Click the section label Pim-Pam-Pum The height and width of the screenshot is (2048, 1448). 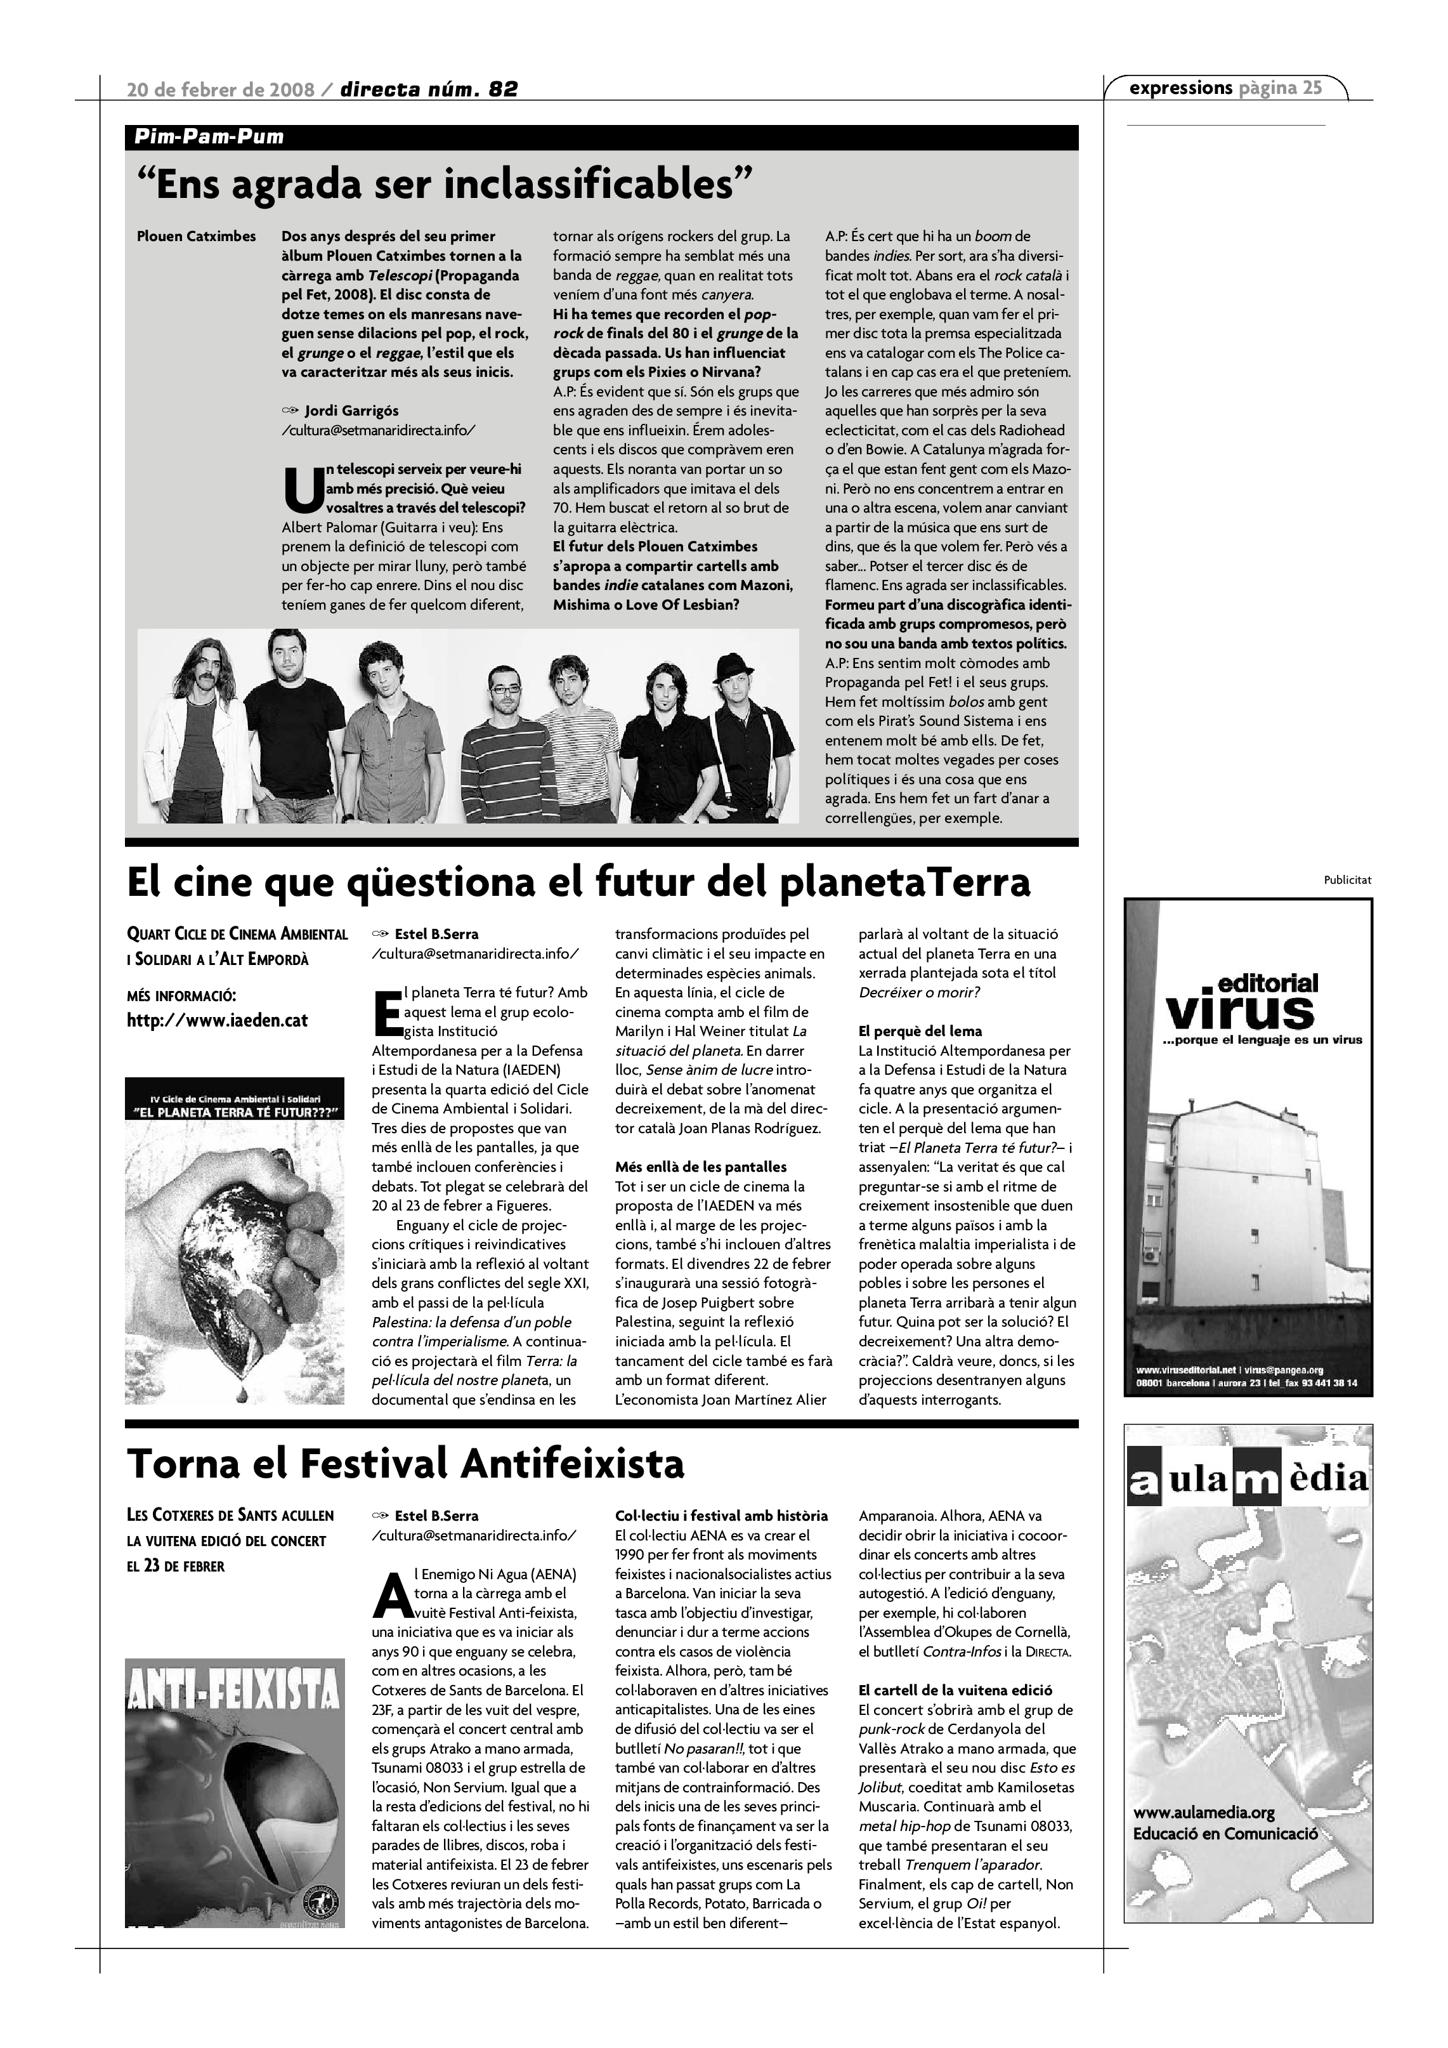(209, 138)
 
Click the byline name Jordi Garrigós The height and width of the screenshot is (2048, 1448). (351, 410)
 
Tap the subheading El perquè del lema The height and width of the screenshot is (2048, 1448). (919, 1031)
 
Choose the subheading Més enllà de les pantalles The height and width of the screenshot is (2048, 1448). (701, 1167)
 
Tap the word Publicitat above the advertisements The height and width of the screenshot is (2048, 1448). (1347, 881)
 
